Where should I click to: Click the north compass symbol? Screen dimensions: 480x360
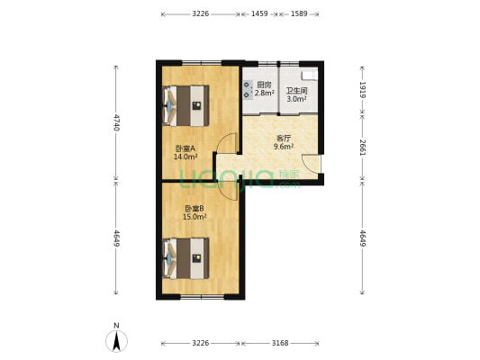click(116, 340)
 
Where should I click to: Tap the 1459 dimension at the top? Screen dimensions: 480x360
click(259, 13)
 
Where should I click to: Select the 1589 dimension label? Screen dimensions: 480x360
click(299, 13)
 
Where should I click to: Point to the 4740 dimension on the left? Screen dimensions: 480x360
click(116, 122)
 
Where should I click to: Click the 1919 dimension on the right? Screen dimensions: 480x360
click(362, 90)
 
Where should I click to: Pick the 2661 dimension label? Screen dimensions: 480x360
click(362, 148)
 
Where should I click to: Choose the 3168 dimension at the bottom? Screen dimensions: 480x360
click(280, 343)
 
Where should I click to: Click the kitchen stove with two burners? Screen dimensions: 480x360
click(248, 90)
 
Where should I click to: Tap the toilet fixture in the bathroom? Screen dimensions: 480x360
click(309, 76)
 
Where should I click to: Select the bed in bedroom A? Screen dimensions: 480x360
click(186, 106)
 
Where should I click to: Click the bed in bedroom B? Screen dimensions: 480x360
click(186, 258)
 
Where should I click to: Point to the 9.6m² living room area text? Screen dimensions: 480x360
click(284, 147)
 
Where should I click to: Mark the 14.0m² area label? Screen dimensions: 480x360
click(186, 157)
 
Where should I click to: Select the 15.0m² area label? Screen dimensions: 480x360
click(195, 217)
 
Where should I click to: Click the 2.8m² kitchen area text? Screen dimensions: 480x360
click(265, 93)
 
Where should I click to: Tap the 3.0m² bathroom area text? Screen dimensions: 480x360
click(296, 99)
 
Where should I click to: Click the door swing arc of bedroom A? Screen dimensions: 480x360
click(222, 139)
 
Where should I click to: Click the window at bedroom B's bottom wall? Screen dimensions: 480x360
click(202, 296)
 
